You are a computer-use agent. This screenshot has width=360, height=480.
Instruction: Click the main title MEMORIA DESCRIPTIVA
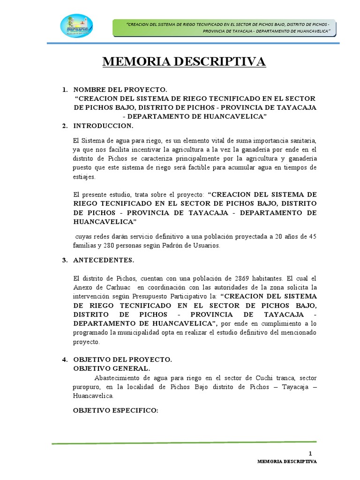pyautogui.click(x=184, y=61)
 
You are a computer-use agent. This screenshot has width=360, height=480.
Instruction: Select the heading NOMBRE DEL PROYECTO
pyautogui.click(x=120, y=89)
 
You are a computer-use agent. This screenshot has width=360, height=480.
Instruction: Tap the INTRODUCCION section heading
pyautogui.click(x=103, y=126)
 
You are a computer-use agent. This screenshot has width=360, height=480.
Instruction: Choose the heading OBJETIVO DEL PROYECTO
pyautogui.click(x=123, y=360)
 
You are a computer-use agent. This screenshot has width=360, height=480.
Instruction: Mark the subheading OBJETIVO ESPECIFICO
pyautogui.click(x=116, y=410)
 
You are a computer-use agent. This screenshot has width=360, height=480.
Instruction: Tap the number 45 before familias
pyautogui.click(x=311, y=236)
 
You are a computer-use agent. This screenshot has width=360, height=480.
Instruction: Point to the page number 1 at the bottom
pyautogui.click(x=310, y=453)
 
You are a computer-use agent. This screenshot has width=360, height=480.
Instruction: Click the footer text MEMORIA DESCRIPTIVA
pyautogui.click(x=287, y=462)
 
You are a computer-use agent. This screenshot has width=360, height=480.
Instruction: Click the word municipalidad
pyautogui.click(x=133, y=333)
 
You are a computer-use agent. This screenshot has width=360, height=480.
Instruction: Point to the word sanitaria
pyautogui.click(x=303, y=141)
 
